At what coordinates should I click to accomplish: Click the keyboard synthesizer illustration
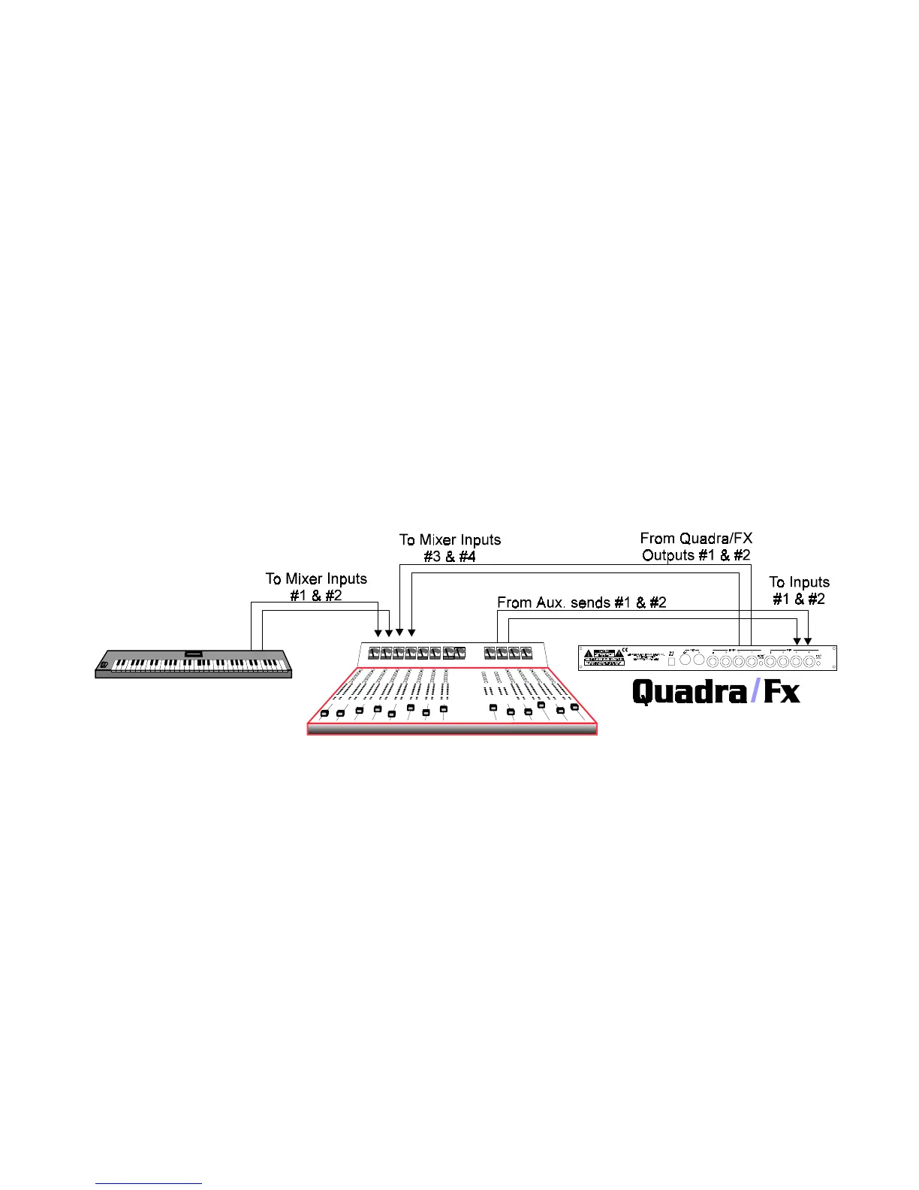coord(193,664)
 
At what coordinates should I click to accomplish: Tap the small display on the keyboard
coord(194,653)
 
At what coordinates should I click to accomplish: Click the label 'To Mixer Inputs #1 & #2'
coord(316,587)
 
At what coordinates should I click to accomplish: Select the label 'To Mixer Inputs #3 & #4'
coord(450,548)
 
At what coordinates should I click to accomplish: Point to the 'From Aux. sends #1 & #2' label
coord(582,603)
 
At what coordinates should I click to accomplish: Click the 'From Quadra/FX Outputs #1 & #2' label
coord(696,546)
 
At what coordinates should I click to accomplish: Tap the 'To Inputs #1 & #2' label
coord(799,590)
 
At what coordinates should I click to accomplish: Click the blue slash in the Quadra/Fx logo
coord(755,690)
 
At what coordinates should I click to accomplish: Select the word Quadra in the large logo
coord(690,691)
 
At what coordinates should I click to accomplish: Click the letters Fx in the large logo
coord(782,691)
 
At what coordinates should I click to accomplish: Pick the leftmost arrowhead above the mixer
coord(378,633)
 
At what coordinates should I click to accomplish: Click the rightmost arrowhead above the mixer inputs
coord(411,633)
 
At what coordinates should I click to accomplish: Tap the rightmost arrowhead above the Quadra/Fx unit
coord(808,641)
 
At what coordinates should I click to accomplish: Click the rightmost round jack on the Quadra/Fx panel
coord(810,661)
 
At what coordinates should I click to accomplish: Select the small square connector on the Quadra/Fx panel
coord(671,660)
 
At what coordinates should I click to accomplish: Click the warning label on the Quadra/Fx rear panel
coord(603,659)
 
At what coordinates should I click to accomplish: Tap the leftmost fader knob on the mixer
coord(324,714)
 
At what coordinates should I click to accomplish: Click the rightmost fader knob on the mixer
coord(574,707)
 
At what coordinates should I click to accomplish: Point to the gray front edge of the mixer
coord(452,729)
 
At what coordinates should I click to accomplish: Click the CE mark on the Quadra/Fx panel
coord(625,651)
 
